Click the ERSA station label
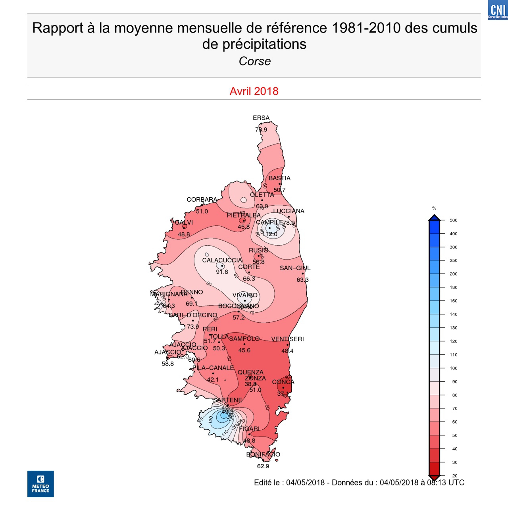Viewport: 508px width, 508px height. tap(261, 118)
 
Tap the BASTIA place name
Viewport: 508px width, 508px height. tap(279, 178)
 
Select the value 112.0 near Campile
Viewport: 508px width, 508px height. tap(270, 234)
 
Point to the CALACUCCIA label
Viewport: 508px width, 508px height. tap(222, 260)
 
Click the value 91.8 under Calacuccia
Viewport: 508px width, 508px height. tap(222, 272)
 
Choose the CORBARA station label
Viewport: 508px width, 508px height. tap(202, 200)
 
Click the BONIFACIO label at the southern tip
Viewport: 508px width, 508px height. tap(263, 454)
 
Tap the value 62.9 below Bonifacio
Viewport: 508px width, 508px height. tap(263, 466)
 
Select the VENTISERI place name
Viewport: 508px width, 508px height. tap(287, 339)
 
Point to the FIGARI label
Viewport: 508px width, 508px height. tap(249, 429)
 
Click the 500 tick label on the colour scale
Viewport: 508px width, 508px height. tap(454, 220)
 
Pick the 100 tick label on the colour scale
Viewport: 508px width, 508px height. tap(454, 368)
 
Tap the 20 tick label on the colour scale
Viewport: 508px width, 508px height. tap(455, 476)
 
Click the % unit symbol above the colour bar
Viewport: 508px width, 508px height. tap(434, 208)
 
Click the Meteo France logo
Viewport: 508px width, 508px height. tap(40, 484)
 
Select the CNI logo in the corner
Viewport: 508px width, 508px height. tap(498, 10)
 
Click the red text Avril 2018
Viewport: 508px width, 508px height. tap(254, 91)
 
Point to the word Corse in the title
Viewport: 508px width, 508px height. tap(255, 61)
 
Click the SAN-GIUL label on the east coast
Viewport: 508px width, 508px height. tap(295, 268)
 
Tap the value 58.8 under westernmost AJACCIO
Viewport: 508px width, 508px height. tap(168, 364)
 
